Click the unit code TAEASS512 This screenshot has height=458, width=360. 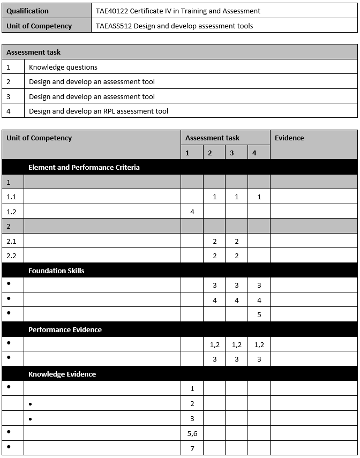click(113, 26)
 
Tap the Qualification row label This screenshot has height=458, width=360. click(27, 11)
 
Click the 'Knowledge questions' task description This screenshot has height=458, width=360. click(63, 67)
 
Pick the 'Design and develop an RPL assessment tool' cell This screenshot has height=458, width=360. click(99, 111)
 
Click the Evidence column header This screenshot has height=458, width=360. click(289, 138)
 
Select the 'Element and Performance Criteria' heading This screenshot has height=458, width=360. click(84, 167)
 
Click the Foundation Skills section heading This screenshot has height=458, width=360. click(56, 271)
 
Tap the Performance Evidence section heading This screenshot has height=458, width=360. click(65, 329)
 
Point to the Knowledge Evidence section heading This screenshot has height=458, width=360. click(62, 374)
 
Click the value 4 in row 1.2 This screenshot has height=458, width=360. click(192, 212)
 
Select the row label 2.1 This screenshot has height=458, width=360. click(11, 241)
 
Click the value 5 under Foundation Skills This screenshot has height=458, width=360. click(259, 314)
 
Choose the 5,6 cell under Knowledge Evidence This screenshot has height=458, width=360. click(192, 433)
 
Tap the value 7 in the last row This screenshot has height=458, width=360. click(192, 448)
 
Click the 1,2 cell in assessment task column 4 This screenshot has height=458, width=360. click(259, 344)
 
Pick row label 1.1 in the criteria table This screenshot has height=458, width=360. click(11, 197)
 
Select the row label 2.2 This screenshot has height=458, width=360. click(11, 256)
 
